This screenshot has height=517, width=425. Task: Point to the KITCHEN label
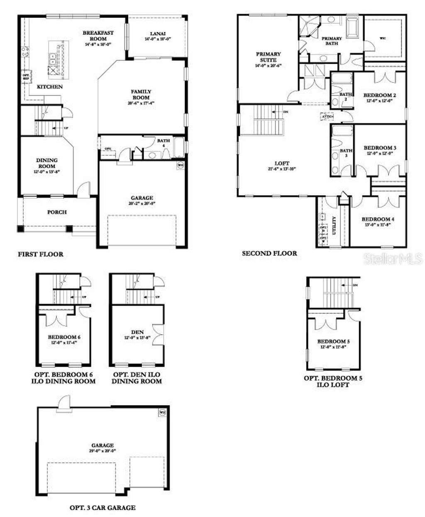[x=50, y=87]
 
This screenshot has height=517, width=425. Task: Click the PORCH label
[x=57, y=212]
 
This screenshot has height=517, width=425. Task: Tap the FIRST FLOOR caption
[x=41, y=254]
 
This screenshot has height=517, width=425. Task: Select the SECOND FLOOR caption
[x=269, y=253]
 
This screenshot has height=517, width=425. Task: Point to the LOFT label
[x=282, y=163]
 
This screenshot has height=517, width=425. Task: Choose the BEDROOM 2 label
[x=379, y=95]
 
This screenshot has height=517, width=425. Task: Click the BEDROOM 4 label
[x=378, y=219]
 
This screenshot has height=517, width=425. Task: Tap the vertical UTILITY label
[x=334, y=225]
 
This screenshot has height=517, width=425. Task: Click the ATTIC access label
[x=327, y=117]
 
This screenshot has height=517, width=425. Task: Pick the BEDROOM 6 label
[x=64, y=337]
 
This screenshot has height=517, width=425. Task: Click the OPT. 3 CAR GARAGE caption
[x=102, y=507]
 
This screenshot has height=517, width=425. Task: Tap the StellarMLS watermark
[x=393, y=259]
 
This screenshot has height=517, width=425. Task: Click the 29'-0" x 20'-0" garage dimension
[x=103, y=450]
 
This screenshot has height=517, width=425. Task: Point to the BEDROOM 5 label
[x=334, y=341]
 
